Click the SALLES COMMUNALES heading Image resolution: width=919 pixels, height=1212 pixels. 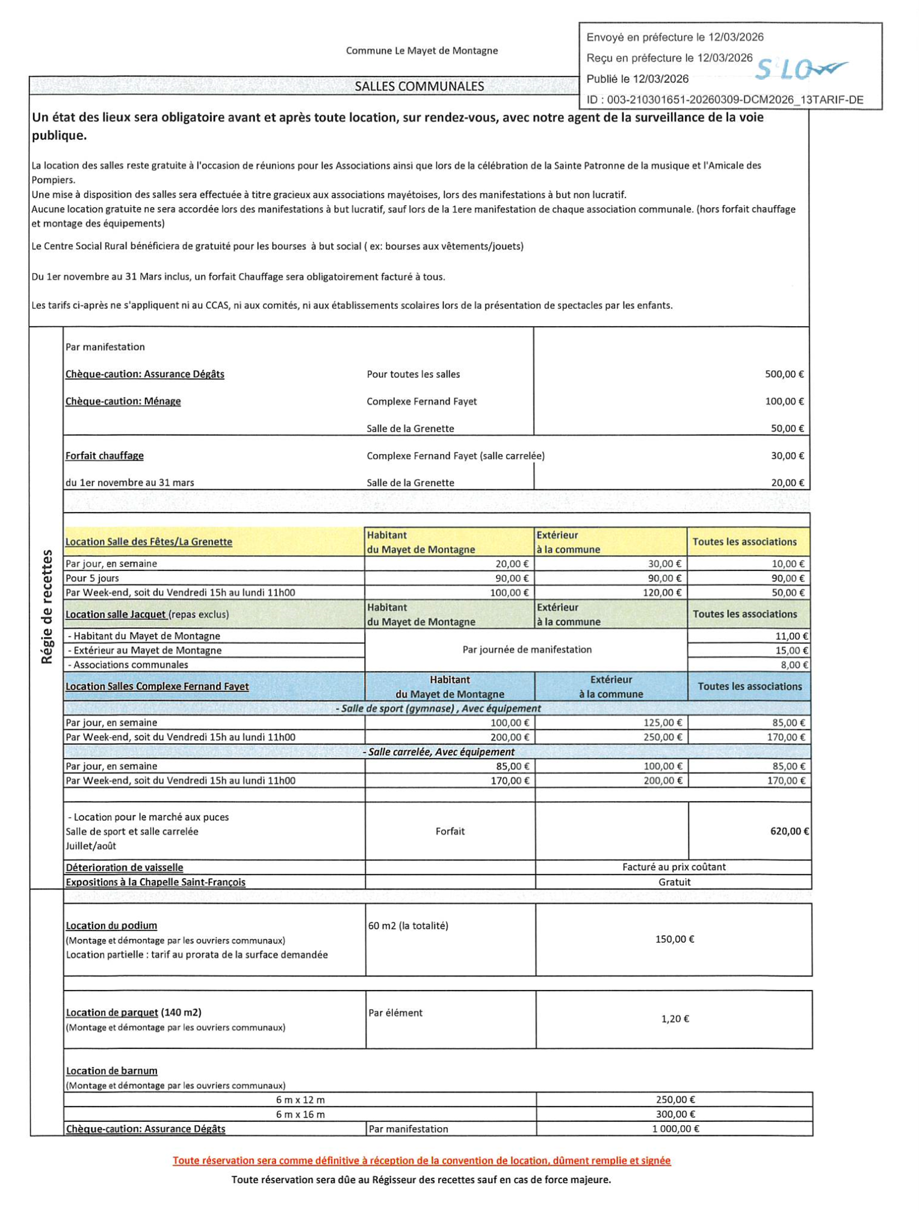(419, 86)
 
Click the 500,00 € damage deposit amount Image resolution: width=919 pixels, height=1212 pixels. (784, 374)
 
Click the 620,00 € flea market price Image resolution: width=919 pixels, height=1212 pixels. (789, 831)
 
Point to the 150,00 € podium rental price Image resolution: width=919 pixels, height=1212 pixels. (674, 939)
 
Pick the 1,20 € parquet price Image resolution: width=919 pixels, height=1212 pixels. (675, 1019)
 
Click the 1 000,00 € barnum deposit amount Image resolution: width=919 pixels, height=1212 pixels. (675, 1129)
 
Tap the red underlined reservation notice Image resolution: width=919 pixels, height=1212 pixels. (421, 1160)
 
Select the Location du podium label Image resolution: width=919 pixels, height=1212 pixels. (111, 926)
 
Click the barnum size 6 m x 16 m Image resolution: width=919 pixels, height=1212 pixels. (300, 1115)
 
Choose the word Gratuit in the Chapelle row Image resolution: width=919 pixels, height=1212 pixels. (674, 882)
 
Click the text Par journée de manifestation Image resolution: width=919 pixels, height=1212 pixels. (527, 650)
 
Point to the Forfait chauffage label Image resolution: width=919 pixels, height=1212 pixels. (105, 456)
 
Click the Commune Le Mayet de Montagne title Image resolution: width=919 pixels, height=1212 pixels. (421, 51)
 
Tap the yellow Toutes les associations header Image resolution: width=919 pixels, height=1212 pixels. (744, 542)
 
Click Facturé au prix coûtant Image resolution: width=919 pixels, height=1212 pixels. (673, 867)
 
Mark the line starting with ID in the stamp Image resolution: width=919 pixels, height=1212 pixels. (725, 100)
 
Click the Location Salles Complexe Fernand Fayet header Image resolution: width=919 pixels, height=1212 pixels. (157, 686)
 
